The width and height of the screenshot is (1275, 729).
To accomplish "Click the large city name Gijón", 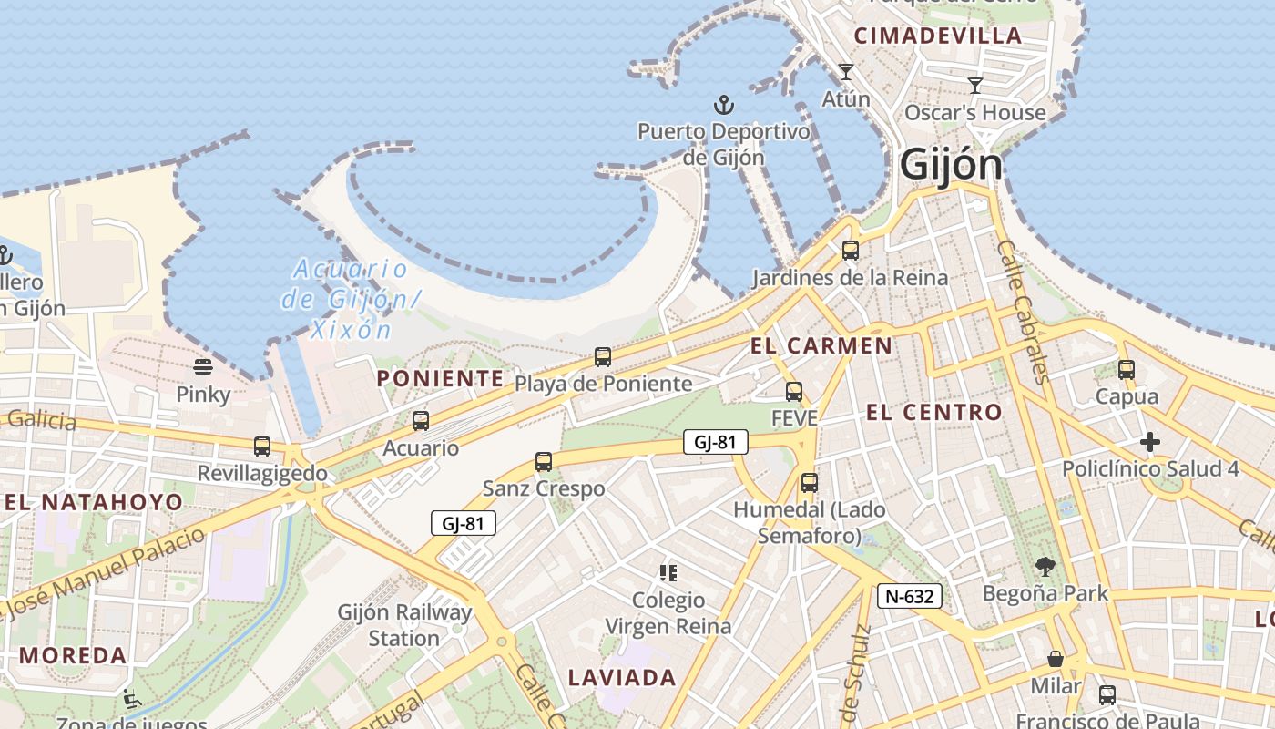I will (x=951, y=166).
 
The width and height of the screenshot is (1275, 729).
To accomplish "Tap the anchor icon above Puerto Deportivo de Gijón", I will (x=724, y=105).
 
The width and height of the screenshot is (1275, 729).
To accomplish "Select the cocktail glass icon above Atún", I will (x=846, y=72).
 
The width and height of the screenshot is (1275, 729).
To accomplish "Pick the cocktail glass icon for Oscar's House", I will (x=975, y=86).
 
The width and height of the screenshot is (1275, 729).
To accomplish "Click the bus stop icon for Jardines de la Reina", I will (x=850, y=250).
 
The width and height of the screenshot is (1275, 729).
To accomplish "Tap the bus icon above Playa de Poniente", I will (x=602, y=357).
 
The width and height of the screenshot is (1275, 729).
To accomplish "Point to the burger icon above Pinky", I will (x=202, y=367).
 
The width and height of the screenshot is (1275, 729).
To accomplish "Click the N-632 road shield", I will (x=909, y=597).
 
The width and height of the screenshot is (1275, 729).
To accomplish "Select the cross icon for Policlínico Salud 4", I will (x=1150, y=443).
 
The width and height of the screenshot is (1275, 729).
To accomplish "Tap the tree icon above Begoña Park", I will (x=1045, y=567).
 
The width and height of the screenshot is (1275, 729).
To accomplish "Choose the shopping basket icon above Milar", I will (x=1056, y=659).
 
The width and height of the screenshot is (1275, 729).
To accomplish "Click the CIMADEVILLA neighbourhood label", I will (x=938, y=36).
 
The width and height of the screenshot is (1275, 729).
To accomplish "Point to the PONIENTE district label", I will (x=440, y=378).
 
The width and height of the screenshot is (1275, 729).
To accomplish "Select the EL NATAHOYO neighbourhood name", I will (x=93, y=502).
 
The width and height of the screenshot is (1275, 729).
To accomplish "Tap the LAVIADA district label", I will (x=622, y=678).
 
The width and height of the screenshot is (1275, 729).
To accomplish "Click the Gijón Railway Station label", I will (x=404, y=625).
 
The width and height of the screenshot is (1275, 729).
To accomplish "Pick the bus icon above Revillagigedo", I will (x=262, y=447).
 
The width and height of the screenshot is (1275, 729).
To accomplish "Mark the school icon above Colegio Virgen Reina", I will (x=668, y=573).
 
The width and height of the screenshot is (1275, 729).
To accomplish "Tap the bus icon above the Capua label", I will (x=1127, y=370).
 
